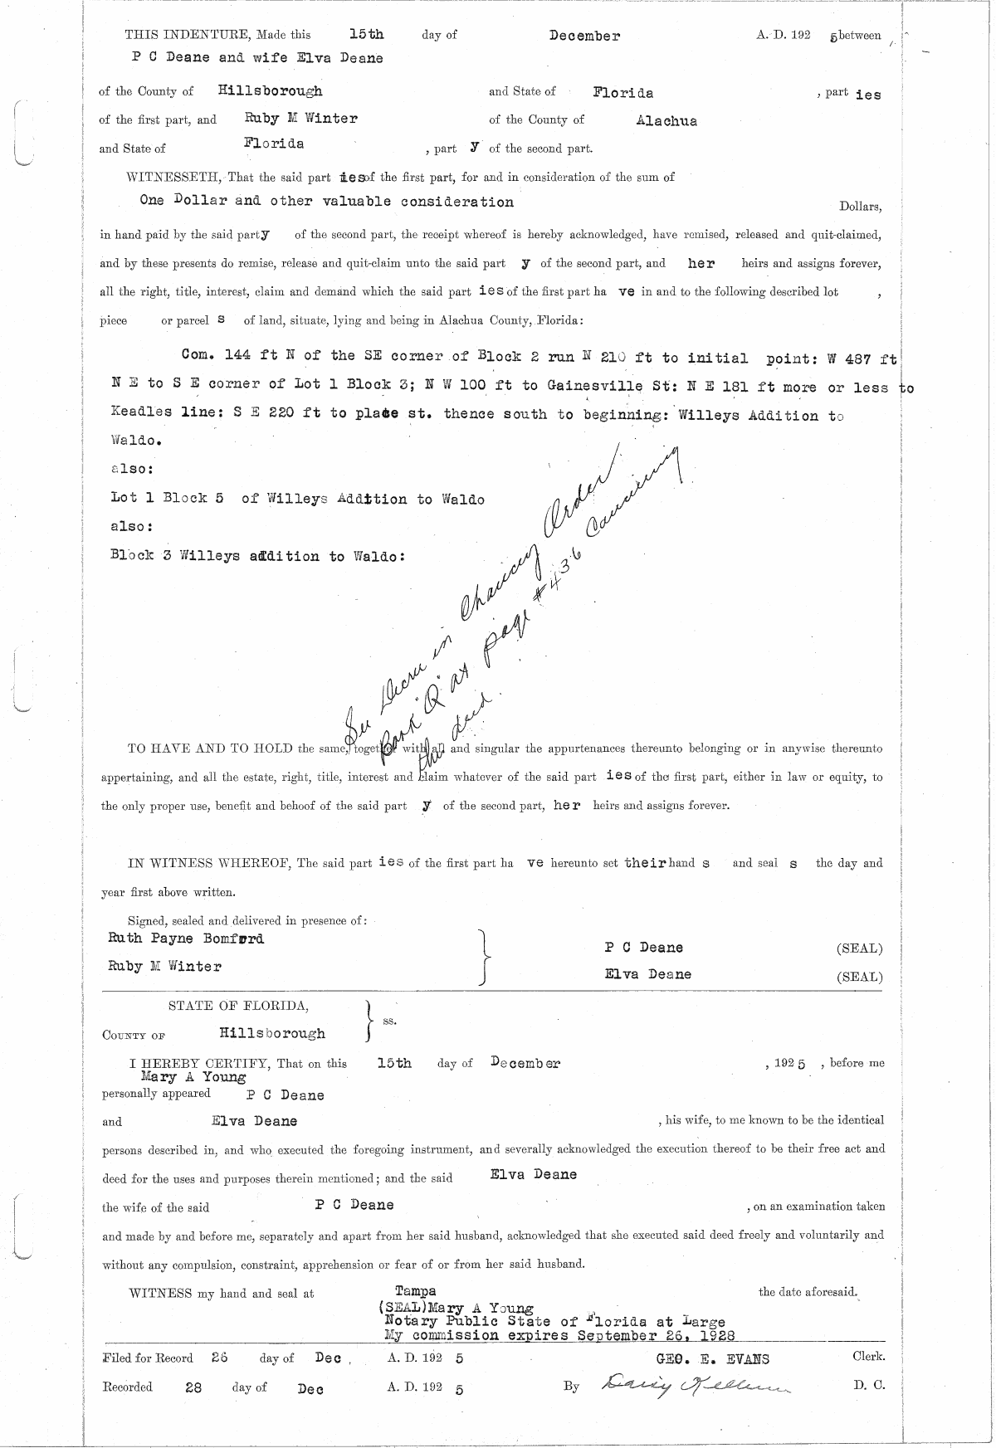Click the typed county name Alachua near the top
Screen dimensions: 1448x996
(666, 121)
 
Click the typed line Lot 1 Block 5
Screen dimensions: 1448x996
(167, 499)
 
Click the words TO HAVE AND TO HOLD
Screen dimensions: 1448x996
(210, 748)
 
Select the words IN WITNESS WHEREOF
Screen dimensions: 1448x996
(209, 863)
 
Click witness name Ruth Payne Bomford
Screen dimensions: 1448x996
(186, 939)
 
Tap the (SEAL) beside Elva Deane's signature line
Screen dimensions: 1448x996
(859, 977)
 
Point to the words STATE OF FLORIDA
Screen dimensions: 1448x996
(239, 1006)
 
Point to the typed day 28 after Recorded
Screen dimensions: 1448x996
(193, 1387)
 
